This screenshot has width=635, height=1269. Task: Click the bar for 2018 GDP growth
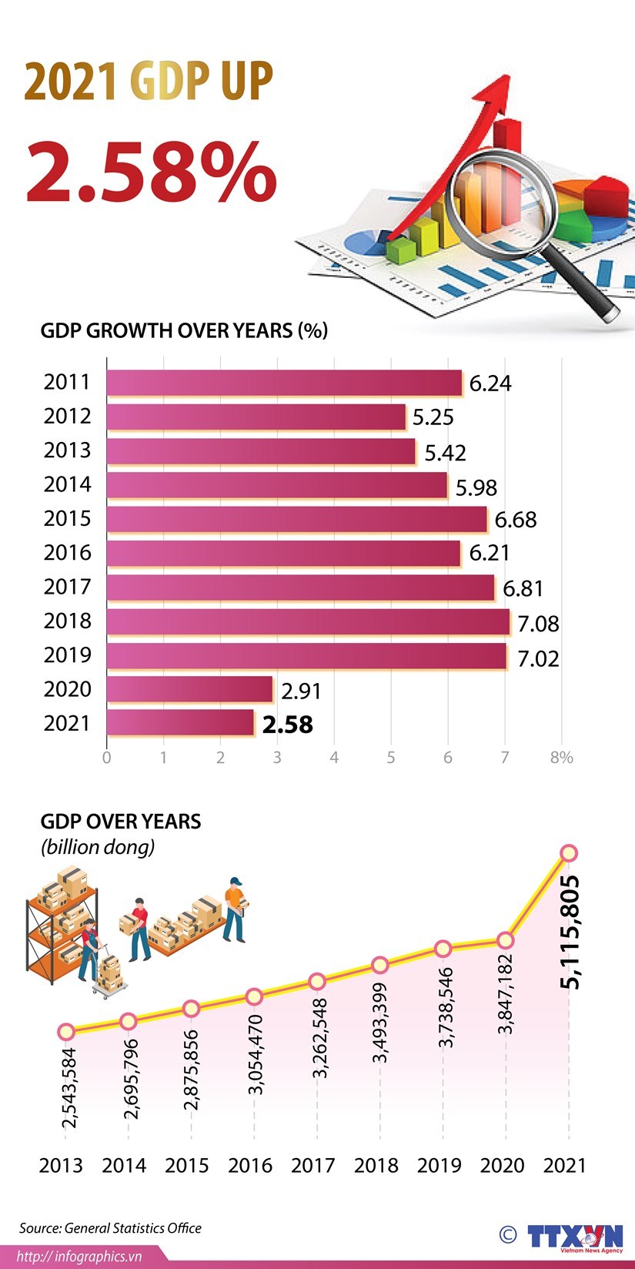(x=308, y=622)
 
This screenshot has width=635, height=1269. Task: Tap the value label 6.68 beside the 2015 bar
(x=516, y=520)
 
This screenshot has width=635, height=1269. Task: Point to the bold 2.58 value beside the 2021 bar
(x=288, y=725)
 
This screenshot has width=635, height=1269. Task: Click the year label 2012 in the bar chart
(x=67, y=417)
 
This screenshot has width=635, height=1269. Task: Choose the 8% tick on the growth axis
(x=561, y=758)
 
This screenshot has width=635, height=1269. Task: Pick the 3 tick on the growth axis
(x=277, y=758)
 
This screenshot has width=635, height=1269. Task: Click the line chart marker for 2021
(x=569, y=853)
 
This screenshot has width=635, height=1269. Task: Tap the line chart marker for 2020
(x=506, y=940)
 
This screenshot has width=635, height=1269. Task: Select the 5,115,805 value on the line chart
(x=570, y=932)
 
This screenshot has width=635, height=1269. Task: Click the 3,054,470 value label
(x=256, y=1055)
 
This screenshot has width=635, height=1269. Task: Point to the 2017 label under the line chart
(x=312, y=1166)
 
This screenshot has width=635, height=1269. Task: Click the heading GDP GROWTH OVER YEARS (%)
(x=184, y=331)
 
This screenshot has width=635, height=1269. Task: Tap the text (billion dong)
(x=98, y=847)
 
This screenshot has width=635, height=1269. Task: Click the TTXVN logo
(x=574, y=1237)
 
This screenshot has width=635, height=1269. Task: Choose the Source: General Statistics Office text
(x=110, y=1228)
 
